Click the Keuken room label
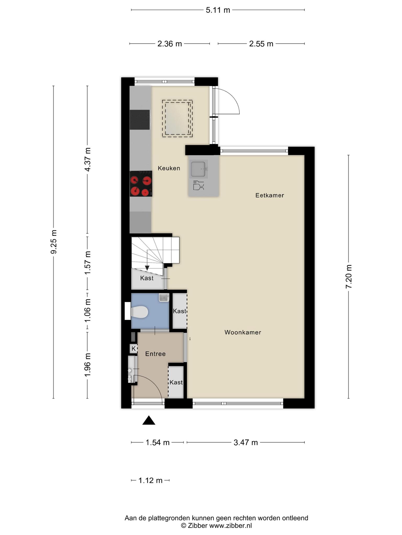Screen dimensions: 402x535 coord(169,168)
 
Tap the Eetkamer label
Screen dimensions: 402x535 coord(270,195)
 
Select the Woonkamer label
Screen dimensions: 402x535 coord(243,332)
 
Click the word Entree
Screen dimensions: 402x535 coord(155,354)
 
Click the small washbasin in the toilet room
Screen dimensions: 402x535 coord(164,298)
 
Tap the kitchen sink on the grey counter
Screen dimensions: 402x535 coord(198,169)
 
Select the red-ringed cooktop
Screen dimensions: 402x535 coord(141,184)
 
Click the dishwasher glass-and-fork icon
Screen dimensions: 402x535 coord(198,185)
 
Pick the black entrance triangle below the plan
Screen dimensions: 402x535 coord(149,420)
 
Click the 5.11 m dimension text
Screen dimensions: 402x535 coord(218,10)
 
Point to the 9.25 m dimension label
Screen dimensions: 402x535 coord(54,242)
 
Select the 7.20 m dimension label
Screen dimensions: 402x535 coord(349,276)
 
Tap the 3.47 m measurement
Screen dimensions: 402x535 coord(245,443)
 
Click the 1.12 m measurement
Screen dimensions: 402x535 coord(150,480)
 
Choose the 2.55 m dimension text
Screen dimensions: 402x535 coord(261,44)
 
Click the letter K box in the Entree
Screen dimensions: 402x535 coord(133,348)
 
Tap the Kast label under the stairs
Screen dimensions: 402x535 coord(147,278)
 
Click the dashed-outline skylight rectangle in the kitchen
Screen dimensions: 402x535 coord(177,118)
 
